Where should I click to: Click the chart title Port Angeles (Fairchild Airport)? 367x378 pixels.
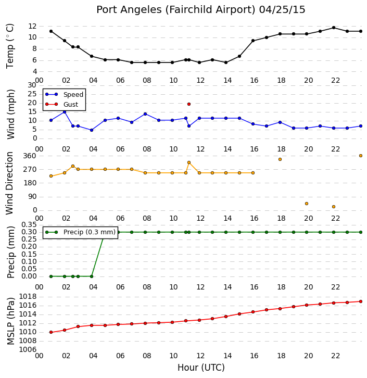coord(175,10)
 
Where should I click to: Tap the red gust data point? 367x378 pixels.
coord(189,104)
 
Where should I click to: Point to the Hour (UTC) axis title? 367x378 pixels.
coord(201,368)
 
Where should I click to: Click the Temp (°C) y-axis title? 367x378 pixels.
coord(10,46)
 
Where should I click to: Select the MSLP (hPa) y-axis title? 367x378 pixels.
coord(10,321)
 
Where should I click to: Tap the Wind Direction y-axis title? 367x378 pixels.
coord(9,183)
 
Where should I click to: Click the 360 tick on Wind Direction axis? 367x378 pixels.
coord(30,156)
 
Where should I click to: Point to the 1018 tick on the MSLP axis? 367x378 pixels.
coord(28,297)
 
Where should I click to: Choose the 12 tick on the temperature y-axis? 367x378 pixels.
coord(32,26)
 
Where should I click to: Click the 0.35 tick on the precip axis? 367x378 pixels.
coord(29,225)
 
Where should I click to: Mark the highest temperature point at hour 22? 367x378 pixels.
coord(334,28)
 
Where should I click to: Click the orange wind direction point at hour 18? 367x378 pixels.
coord(280,159)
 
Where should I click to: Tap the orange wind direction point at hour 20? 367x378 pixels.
coord(307,204)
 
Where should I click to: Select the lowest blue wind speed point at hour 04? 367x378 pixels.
coord(92,130)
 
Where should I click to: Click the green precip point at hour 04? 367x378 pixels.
coord(92,276)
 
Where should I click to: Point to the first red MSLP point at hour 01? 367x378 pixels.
coord(51,332)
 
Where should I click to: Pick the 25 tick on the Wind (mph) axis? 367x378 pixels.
coord(32,94)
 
